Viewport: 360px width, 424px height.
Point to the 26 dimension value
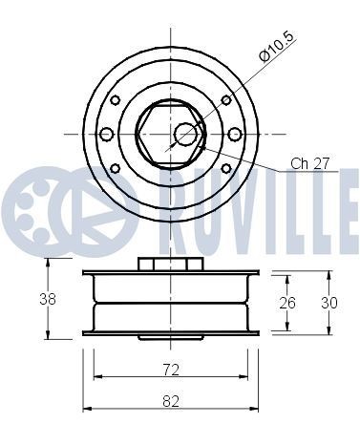pyautogui.click(x=287, y=303)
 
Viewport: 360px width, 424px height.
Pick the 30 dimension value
pyautogui.click(x=329, y=303)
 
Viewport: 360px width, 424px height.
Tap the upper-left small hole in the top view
pyautogui.click(x=116, y=100)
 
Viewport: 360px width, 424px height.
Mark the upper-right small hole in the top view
pyautogui.click(x=225, y=100)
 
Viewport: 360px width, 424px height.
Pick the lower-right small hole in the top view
pyautogui.click(x=225, y=167)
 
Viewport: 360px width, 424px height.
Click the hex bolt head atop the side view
pyautogui.click(x=170, y=263)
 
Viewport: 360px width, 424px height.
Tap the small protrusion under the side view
pyautogui.click(x=170, y=336)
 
